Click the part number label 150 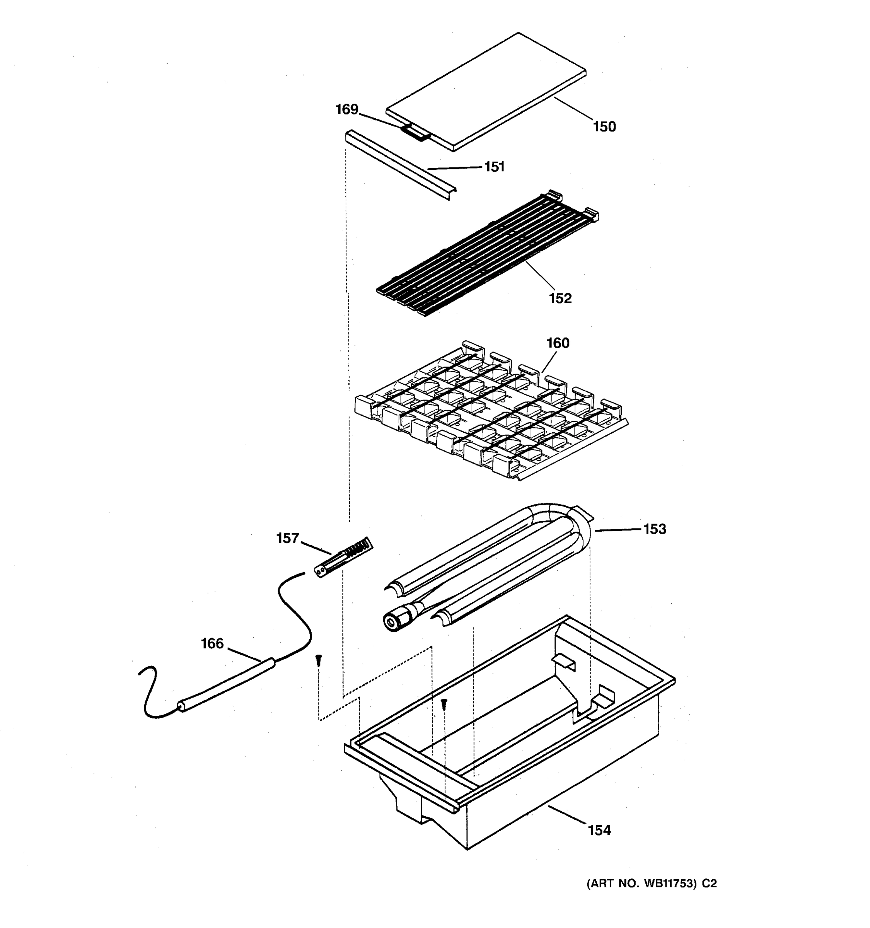(x=604, y=126)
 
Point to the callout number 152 (x=560, y=298)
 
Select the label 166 (x=212, y=644)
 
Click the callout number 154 (x=599, y=830)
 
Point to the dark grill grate (x=485, y=254)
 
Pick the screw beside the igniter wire (x=318, y=660)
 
